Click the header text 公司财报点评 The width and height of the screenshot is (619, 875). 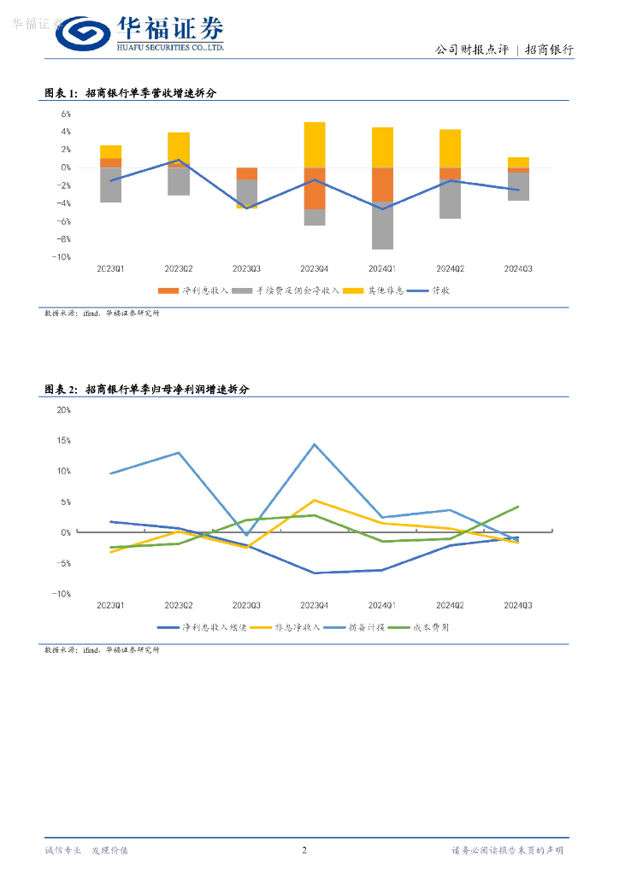pos(472,50)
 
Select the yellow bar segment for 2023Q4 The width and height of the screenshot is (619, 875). pos(314,144)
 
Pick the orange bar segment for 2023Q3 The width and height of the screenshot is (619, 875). pos(247,173)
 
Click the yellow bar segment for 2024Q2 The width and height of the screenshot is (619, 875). pos(450,148)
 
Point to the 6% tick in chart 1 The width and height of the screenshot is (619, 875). pos(65,114)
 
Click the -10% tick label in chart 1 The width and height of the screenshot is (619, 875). pos(62,257)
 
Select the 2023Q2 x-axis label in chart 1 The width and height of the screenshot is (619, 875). pos(178,269)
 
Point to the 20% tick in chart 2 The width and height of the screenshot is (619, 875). pos(63,409)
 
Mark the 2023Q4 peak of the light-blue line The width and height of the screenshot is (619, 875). pos(315,444)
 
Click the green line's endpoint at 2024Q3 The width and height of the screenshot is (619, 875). pos(518,507)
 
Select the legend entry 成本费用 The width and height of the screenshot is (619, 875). pos(432,627)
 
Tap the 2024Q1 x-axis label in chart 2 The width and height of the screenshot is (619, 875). pos(382,606)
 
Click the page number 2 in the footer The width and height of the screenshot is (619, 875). pos(304,850)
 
